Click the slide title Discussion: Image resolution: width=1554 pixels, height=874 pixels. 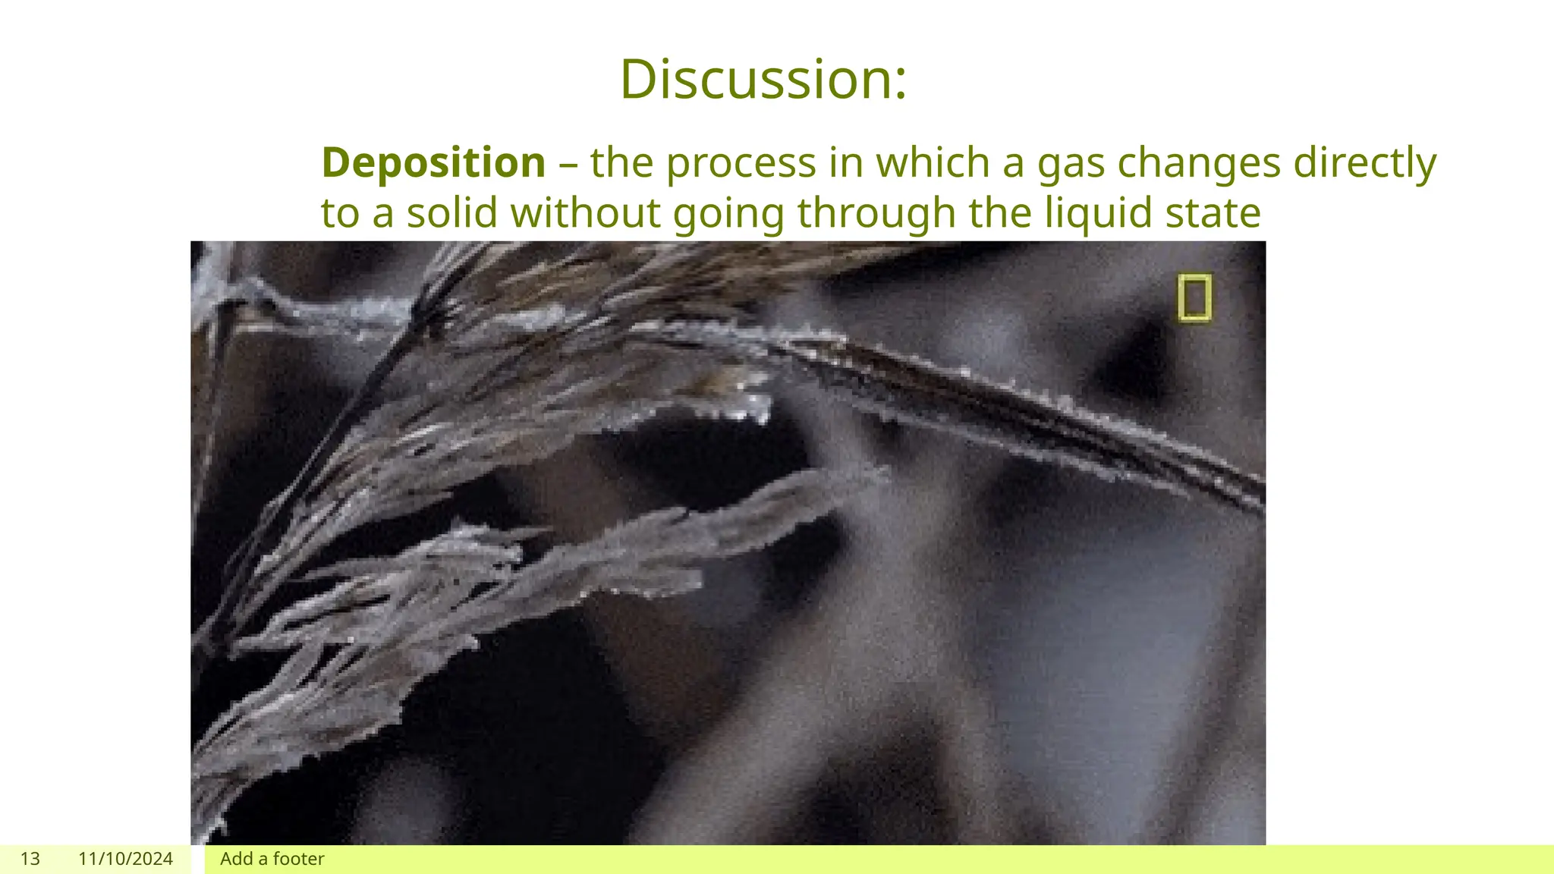[763, 80]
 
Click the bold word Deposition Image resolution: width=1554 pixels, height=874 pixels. [433, 162]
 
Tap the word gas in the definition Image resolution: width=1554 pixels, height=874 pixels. [1071, 164]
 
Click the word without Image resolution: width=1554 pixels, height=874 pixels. [586, 212]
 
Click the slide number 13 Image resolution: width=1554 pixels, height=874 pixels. [30, 859]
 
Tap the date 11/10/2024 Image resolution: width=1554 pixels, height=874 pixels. [125, 859]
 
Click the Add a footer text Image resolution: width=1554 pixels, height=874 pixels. [272, 859]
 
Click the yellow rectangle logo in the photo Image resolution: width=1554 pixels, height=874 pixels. [1194, 298]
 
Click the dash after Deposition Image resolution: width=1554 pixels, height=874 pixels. [568, 164]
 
